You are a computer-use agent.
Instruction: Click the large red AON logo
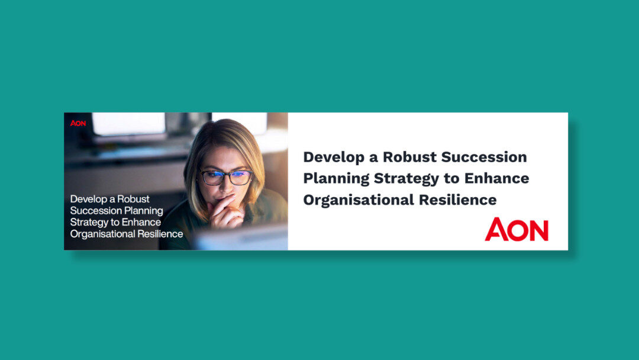click(x=517, y=230)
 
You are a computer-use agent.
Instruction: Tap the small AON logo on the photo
click(x=78, y=123)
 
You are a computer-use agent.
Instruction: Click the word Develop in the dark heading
click(x=331, y=157)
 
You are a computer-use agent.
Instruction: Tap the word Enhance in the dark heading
click(x=497, y=178)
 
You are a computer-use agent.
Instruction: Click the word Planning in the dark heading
click(x=336, y=179)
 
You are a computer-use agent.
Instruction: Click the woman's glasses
click(x=226, y=177)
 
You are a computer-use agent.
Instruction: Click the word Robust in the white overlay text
click(x=134, y=199)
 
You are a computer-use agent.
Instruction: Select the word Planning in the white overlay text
click(x=143, y=211)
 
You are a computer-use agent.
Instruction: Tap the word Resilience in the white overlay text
click(x=158, y=234)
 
